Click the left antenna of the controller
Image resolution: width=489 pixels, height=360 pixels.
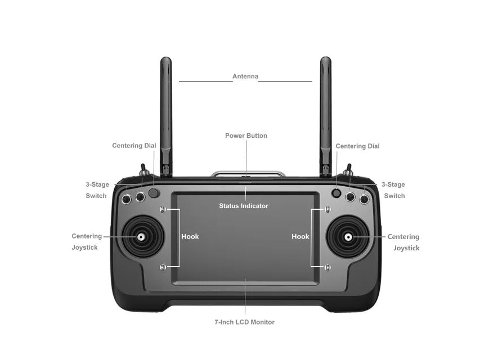click(x=165, y=112)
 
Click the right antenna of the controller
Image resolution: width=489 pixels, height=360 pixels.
click(x=325, y=112)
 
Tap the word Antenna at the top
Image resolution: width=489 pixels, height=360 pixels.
click(x=245, y=76)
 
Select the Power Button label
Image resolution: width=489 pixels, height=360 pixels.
click(x=246, y=136)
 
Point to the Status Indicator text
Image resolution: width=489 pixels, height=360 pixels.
click(x=244, y=206)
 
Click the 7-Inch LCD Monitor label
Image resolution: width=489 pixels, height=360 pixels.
click(x=244, y=322)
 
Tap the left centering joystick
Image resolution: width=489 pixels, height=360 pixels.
click(x=140, y=237)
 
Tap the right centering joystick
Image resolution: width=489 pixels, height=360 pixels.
click(x=348, y=237)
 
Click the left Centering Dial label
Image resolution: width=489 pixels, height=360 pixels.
click(x=134, y=146)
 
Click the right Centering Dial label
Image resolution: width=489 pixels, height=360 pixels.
click(x=357, y=146)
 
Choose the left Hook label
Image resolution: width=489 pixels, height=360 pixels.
click(x=190, y=237)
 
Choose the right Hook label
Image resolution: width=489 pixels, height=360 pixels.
click(x=300, y=237)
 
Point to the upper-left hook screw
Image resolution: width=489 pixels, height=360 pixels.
click(x=163, y=210)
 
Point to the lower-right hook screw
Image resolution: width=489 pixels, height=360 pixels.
click(x=328, y=267)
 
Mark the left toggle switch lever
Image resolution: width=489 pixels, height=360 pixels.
click(x=143, y=169)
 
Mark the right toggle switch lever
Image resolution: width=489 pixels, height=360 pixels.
click(x=348, y=169)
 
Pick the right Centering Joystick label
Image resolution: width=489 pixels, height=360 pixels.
click(x=405, y=242)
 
